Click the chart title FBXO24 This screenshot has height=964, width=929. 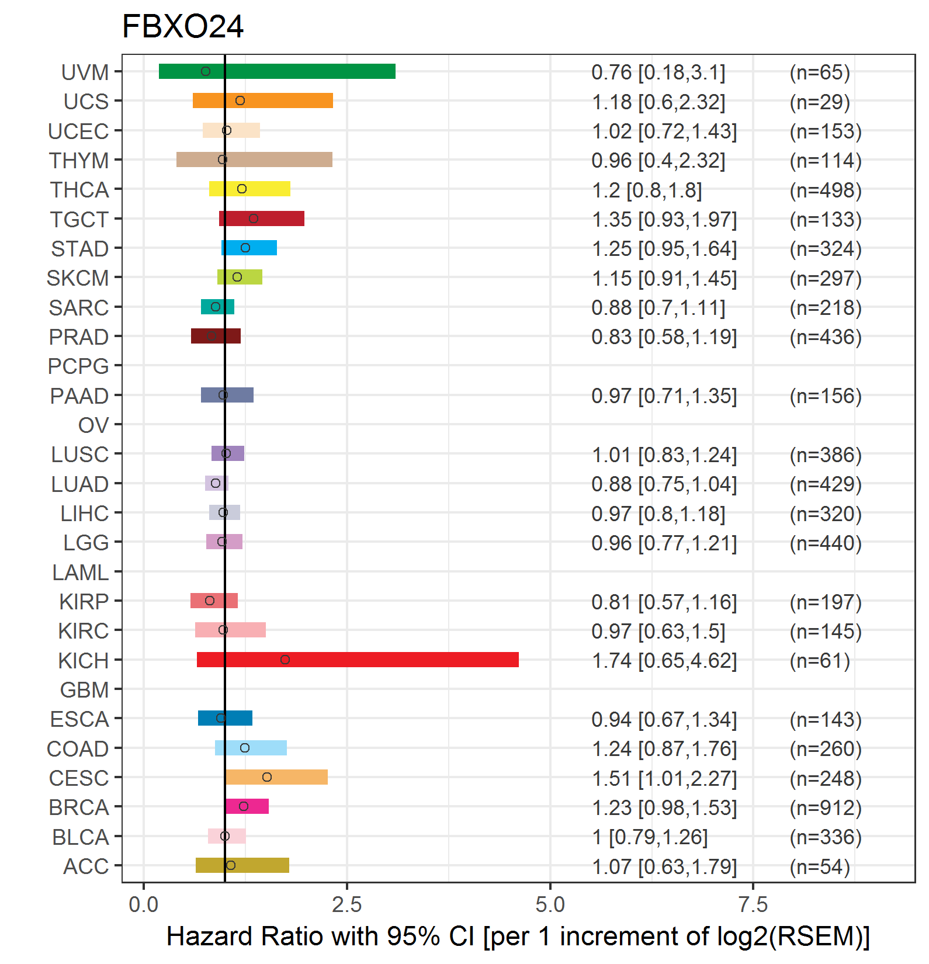[x=182, y=27]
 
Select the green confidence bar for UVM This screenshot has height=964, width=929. [x=277, y=71]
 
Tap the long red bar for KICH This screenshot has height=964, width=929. [x=358, y=660]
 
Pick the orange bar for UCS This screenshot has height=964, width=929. [x=263, y=100]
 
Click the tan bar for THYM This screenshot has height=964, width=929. [x=254, y=159]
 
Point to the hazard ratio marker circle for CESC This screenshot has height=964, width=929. [x=267, y=777]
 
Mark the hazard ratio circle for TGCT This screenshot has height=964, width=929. [x=254, y=219]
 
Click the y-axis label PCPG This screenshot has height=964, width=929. [x=78, y=366]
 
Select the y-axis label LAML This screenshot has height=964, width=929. [x=81, y=573]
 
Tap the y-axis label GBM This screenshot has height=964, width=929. [x=85, y=690]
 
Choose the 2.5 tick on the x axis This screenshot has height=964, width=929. [x=347, y=905]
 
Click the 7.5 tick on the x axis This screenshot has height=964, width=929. [x=753, y=905]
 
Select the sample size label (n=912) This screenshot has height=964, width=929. [x=826, y=807]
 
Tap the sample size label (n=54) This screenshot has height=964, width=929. [x=820, y=866]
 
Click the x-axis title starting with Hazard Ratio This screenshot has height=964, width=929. [x=518, y=937]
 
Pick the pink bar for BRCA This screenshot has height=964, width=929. [x=247, y=806]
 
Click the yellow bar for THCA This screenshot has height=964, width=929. [x=249, y=189]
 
